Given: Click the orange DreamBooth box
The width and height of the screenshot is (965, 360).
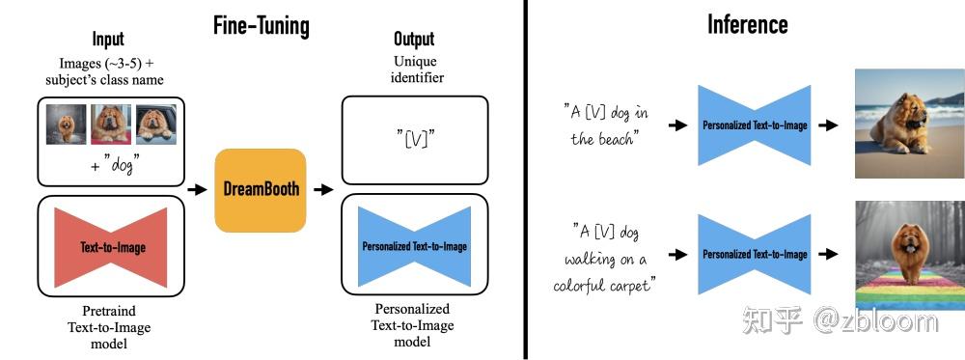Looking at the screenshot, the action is (260, 190).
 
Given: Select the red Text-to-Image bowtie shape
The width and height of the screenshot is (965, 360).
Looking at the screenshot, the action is (113, 247).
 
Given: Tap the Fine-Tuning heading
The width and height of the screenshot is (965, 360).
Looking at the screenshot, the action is (261, 25).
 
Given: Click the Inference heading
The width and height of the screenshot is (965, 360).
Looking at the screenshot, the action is (747, 24).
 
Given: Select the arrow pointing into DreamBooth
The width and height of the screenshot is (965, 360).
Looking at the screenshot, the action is (197, 190).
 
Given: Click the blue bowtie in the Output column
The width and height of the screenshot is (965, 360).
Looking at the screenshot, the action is (414, 246).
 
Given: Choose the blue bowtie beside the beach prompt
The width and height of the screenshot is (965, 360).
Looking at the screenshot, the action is (755, 125).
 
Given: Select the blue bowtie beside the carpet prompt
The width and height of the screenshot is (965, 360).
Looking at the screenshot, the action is (755, 254).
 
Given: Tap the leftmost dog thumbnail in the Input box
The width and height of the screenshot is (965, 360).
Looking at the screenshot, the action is (68, 125).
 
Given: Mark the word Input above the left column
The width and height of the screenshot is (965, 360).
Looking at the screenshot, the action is (108, 40).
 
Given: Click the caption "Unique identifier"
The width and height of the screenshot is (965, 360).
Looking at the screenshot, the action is (415, 69).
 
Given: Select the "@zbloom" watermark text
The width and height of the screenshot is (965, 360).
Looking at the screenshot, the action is (874, 320).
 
